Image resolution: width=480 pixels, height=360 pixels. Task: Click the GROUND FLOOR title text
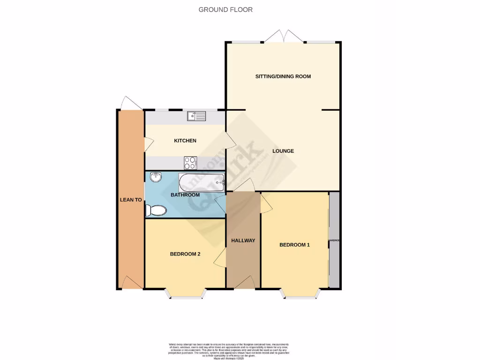click(x=225, y=9)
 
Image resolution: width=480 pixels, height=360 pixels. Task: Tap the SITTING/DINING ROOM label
click(x=283, y=76)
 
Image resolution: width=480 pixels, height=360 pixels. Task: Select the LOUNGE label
click(x=283, y=151)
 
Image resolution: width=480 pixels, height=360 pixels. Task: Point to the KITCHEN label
click(x=185, y=141)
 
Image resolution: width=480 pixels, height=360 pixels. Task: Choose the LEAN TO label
click(x=131, y=200)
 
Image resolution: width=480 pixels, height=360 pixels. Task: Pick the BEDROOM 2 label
click(x=185, y=254)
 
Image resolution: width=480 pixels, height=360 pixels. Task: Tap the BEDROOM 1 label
click(x=294, y=245)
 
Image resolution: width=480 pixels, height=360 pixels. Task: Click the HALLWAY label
click(x=243, y=240)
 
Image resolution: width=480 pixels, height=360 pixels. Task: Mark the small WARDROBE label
click(x=334, y=240)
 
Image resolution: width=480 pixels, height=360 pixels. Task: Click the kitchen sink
click(x=196, y=116)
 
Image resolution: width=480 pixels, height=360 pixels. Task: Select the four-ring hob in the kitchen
click(x=190, y=163)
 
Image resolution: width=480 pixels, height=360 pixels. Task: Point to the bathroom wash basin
click(x=156, y=177)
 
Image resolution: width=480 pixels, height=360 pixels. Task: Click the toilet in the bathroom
click(x=156, y=210)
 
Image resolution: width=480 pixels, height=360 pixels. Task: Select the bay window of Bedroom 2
click(x=186, y=294)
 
